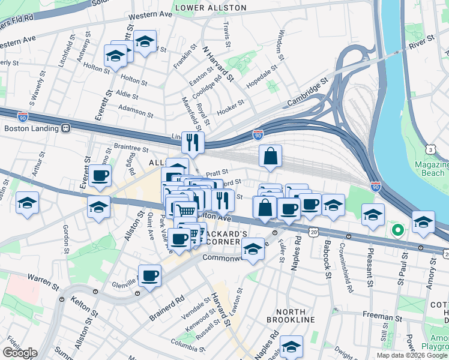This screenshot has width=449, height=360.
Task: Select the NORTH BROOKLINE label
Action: click(x=295, y=316)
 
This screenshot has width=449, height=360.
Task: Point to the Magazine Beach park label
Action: click(x=432, y=169)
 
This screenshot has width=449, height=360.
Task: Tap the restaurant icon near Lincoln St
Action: click(x=193, y=142)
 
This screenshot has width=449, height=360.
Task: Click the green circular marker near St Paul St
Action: click(x=397, y=230)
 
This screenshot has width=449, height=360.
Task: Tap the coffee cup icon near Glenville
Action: click(x=149, y=276)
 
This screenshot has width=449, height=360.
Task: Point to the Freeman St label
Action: click(x=382, y=316)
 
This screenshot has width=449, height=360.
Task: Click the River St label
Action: click(x=421, y=42)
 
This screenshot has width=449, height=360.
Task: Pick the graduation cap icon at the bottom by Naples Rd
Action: click(x=291, y=346)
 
